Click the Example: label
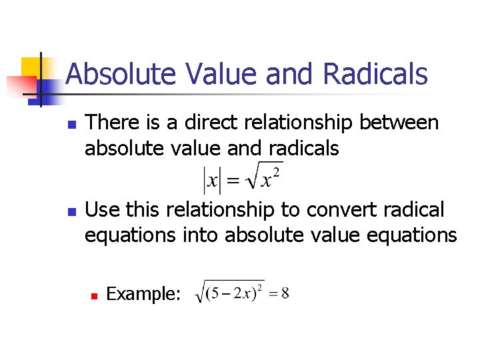click(x=143, y=293)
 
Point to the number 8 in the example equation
click(x=285, y=294)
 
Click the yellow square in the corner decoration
click(x=31, y=67)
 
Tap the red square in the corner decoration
click(x=20, y=86)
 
